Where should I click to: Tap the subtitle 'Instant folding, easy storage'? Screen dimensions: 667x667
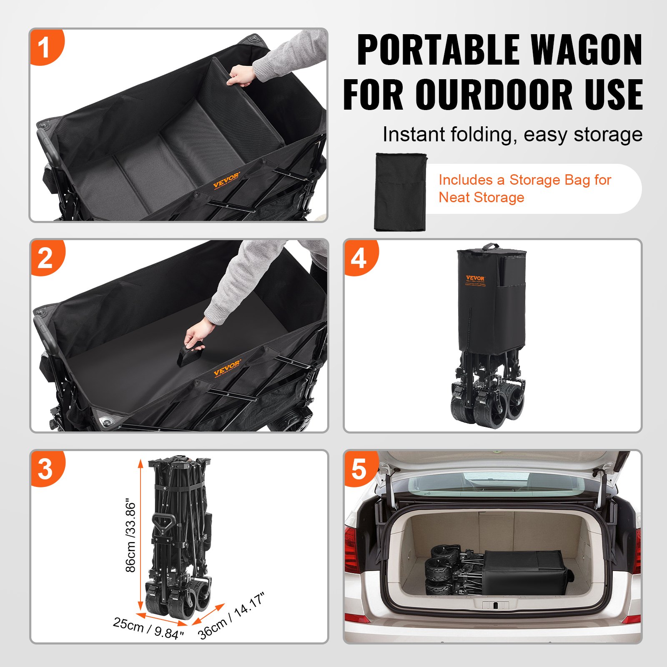pyautogui.click(x=512, y=135)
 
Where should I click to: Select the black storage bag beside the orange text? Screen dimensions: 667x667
pyautogui.click(x=400, y=191)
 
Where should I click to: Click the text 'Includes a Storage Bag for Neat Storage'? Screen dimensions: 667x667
pyautogui.click(x=524, y=188)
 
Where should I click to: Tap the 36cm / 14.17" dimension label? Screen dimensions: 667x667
pyautogui.click(x=231, y=616)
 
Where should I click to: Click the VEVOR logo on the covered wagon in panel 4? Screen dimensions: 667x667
pyautogui.click(x=475, y=278)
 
